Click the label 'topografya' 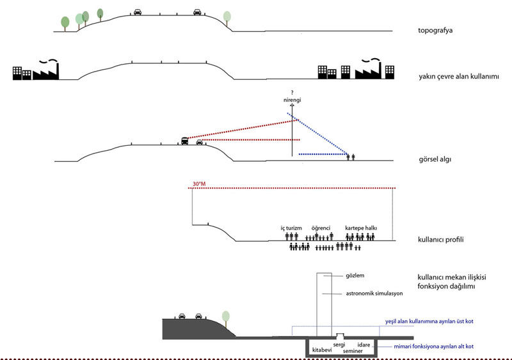tap(435, 31)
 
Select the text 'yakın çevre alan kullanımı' tap(459, 77)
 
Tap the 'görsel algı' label tap(435, 159)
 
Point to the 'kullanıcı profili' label tap(441, 240)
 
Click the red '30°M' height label tap(199, 184)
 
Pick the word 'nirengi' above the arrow tap(292, 100)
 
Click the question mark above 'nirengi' tap(292, 93)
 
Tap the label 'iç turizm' tap(291, 228)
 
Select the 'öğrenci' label tap(321, 228)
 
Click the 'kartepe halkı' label tap(361, 228)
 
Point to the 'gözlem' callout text tap(355, 276)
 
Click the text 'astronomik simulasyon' tap(374, 293)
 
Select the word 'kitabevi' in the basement tap(322, 350)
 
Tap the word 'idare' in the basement tap(364, 345)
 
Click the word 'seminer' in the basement tap(353, 351)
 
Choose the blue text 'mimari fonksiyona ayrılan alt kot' tap(434, 347)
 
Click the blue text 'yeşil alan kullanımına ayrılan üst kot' tap(429, 322)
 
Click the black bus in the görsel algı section tap(185, 141)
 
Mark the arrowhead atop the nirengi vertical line tap(292, 105)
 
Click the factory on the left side tap(45, 71)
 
